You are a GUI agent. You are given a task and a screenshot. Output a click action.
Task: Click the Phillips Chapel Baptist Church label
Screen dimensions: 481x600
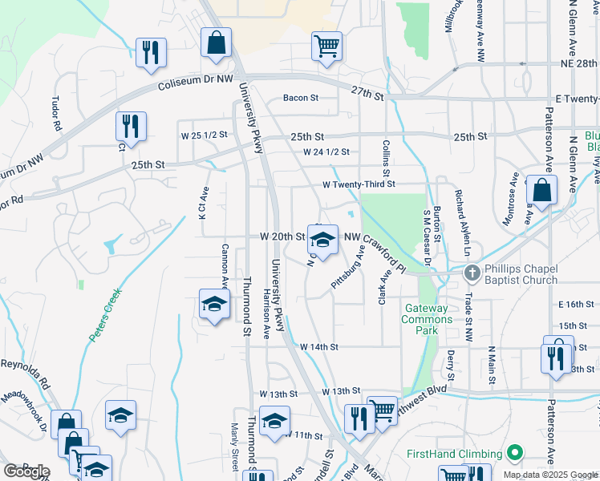(521, 274)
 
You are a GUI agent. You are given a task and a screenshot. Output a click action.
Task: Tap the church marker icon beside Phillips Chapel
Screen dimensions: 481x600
(472, 273)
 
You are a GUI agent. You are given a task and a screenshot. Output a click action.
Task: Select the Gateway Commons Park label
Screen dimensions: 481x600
(428, 319)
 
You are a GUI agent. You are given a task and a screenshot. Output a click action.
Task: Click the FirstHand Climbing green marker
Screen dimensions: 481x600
(516, 453)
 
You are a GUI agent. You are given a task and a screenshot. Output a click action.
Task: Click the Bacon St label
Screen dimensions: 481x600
(301, 99)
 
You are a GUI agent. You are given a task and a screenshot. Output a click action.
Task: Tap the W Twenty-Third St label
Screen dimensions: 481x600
(359, 184)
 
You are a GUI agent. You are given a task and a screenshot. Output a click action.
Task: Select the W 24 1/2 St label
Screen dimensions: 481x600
(326, 152)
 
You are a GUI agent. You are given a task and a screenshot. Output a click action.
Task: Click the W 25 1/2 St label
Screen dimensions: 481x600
(205, 134)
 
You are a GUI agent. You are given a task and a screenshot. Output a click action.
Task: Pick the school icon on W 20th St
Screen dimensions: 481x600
(322, 240)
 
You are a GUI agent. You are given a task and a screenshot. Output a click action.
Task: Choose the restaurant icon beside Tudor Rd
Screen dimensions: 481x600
(130, 126)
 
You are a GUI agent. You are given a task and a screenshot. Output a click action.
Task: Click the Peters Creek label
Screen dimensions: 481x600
(104, 316)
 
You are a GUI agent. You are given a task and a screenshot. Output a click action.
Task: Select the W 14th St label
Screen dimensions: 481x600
(319, 347)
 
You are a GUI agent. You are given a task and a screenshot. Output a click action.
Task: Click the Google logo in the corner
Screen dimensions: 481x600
(26, 471)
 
